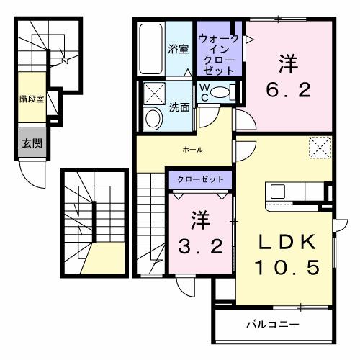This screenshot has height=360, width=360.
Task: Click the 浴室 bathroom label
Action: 179,50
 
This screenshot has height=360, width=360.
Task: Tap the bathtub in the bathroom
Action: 150,48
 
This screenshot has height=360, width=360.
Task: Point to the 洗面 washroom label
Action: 179,108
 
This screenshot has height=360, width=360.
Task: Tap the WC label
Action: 205,91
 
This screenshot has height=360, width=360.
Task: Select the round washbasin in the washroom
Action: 153,120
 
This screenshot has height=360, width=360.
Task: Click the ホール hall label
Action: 192,150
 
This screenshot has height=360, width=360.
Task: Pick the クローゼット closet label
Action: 200,179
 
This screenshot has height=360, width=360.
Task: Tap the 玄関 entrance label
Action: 30,143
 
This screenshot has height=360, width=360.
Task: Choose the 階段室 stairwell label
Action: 32,99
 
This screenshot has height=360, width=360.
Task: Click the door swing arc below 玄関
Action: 33,173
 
